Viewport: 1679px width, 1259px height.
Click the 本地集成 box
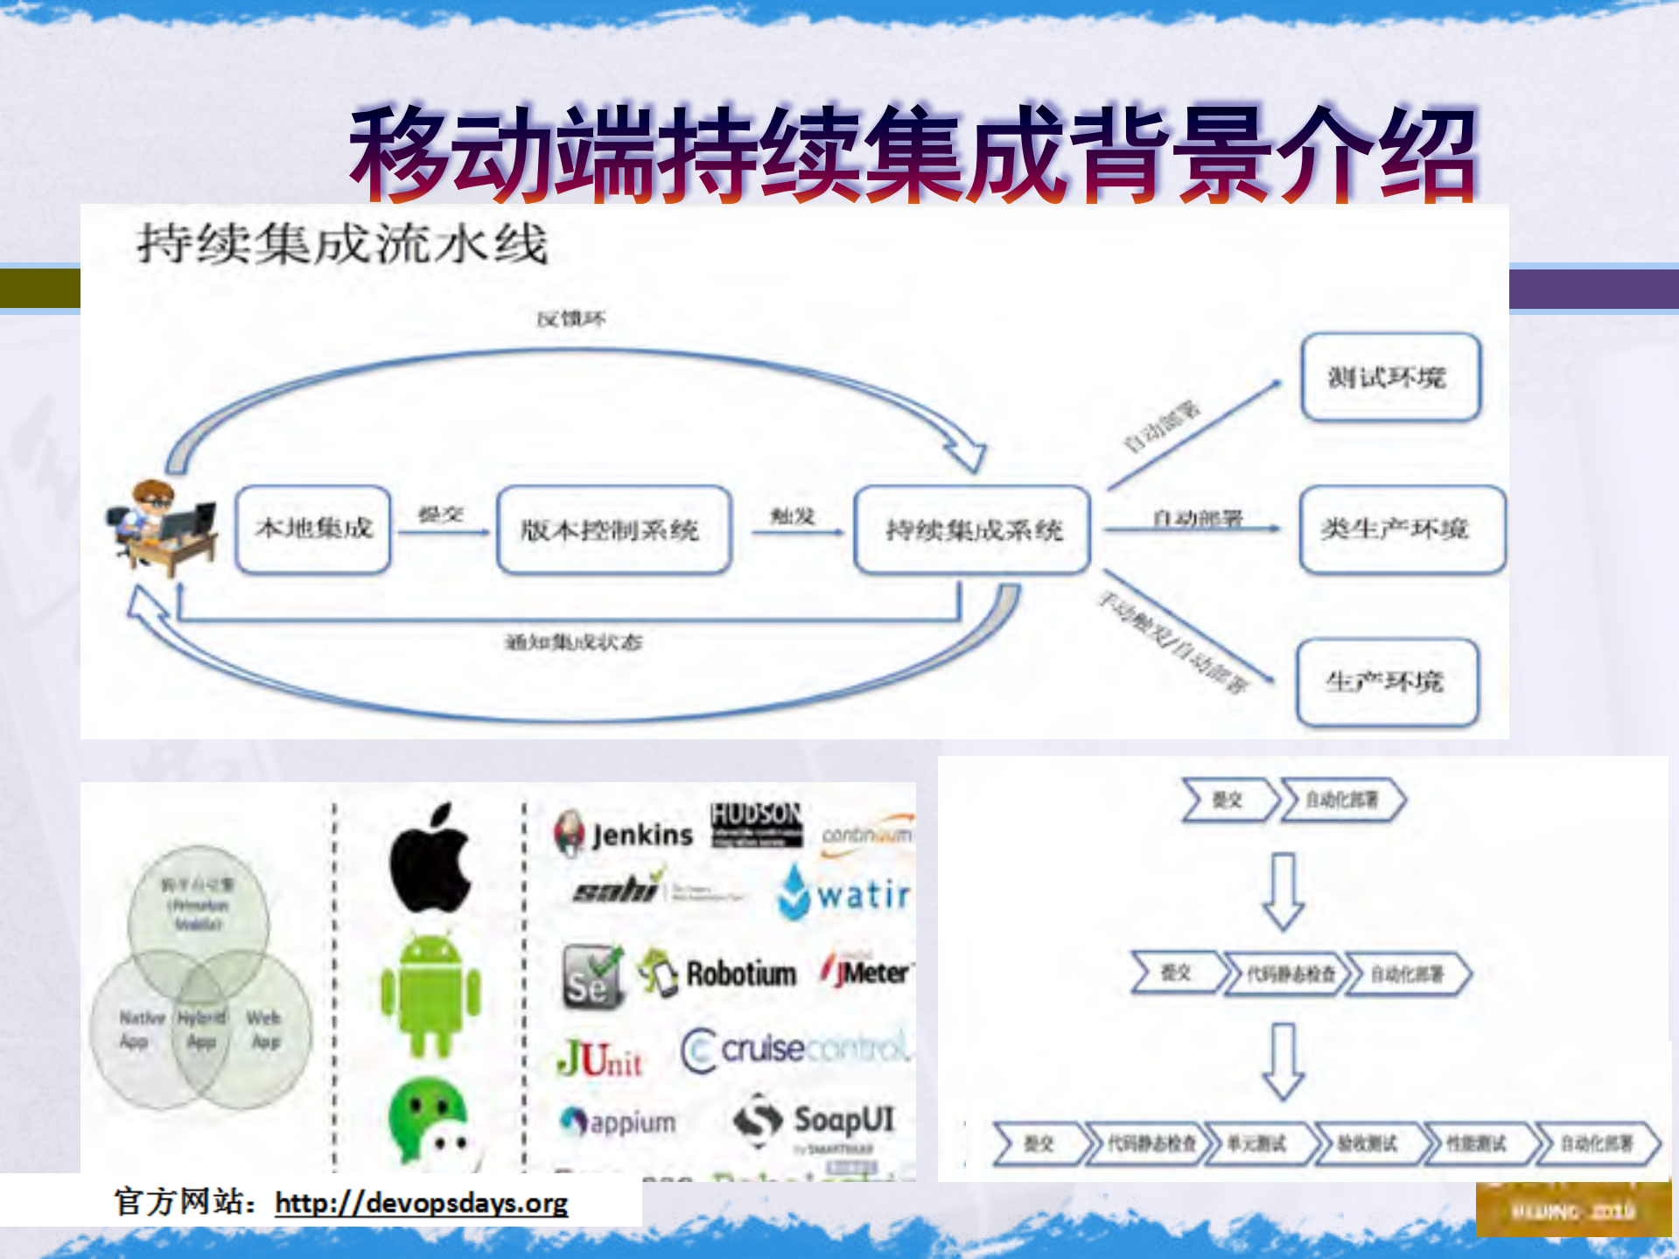[x=313, y=529]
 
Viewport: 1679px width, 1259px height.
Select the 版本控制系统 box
[x=612, y=530]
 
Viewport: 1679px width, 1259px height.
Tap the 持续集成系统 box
[x=972, y=530]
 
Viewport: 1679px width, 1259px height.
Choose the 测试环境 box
[x=1389, y=377]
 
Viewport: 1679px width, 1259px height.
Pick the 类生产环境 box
[x=1401, y=529]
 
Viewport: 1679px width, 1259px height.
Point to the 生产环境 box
[x=1387, y=682]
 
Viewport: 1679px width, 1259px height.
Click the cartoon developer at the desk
[x=162, y=527]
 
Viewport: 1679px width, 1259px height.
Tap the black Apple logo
[x=430, y=859]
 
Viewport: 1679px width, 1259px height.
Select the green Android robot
[x=430, y=994]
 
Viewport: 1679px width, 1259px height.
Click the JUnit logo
[x=600, y=1059]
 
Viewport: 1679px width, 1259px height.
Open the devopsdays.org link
[x=421, y=1203]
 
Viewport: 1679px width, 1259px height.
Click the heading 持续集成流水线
[x=342, y=243]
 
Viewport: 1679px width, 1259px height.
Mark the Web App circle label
[x=264, y=1029]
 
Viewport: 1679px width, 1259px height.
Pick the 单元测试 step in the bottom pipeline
[x=1256, y=1144]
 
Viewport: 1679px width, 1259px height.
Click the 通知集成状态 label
[x=573, y=643]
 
